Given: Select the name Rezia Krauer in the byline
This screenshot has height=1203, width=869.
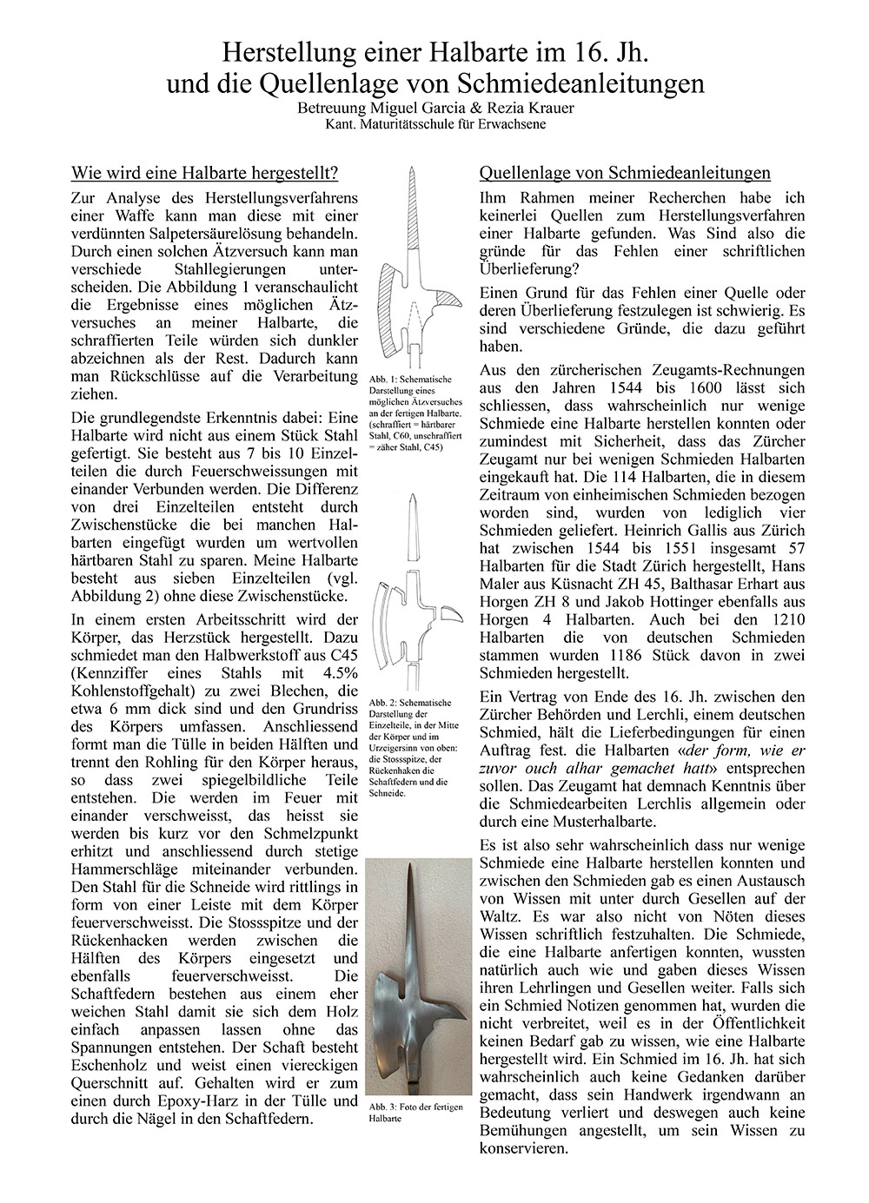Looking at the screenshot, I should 530,110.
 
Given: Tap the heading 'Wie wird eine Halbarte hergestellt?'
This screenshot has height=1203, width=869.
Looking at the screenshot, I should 204,172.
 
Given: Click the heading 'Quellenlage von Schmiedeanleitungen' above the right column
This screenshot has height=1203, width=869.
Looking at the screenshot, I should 625,172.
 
